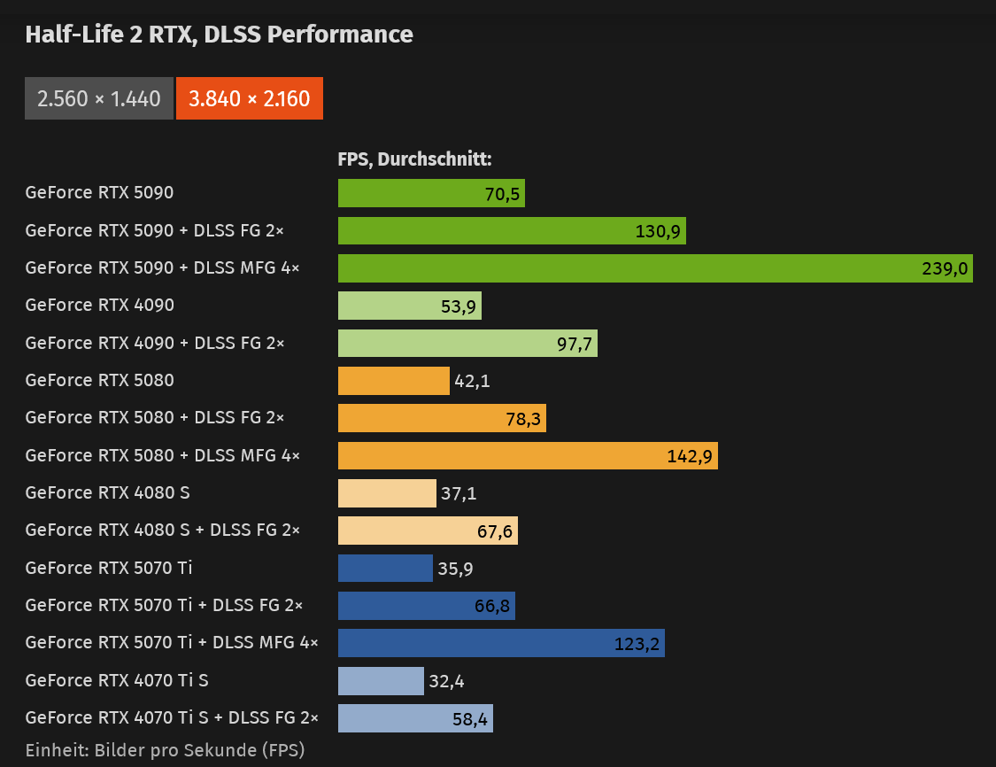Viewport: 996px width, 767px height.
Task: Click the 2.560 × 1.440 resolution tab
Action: click(99, 98)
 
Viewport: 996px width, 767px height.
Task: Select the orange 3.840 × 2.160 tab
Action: click(249, 98)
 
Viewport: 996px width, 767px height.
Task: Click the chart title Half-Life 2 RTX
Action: click(219, 35)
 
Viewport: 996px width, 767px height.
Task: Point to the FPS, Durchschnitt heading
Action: click(414, 159)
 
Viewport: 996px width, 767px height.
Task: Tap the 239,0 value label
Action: click(945, 268)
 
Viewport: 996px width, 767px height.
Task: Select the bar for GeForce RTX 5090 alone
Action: click(431, 193)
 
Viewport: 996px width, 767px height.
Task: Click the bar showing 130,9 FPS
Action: click(512, 231)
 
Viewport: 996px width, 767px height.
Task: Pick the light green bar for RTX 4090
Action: click(409, 306)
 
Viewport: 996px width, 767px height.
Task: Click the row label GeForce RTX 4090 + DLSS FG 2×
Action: click(155, 343)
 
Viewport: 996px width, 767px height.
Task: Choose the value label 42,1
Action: click(472, 381)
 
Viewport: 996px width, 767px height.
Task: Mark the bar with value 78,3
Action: click(442, 418)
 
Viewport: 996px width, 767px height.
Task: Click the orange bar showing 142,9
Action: click(528, 456)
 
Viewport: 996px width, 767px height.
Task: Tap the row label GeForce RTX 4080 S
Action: click(108, 492)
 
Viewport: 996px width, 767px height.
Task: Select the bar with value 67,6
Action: click(428, 531)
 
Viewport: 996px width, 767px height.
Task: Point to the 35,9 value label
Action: click(455, 569)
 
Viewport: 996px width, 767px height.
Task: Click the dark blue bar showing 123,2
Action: click(501, 643)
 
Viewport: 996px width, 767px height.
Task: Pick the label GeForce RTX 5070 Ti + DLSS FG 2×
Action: click(164, 605)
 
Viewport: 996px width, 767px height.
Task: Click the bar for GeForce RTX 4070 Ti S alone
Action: click(381, 681)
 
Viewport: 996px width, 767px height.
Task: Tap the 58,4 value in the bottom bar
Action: click(470, 719)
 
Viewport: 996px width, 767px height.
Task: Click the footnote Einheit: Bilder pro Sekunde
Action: click(166, 750)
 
